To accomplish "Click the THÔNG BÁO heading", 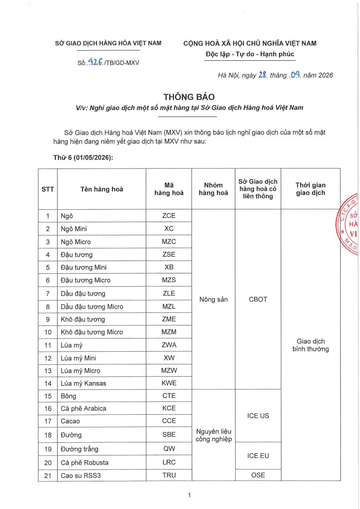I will click(x=189, y=97).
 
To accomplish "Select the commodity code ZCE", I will click(x=169, y=216).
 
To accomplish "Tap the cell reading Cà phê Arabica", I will click(x=83, y=408).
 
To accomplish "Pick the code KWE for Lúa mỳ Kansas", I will click(x=169, y=383).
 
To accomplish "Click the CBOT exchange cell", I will click(x=258, y=300).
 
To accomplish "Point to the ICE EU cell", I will click(x=258, y=456).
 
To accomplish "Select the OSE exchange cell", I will click(x=258, y=475).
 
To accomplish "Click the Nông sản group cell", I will click(x=213, y=300).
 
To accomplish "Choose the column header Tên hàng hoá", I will click(x=102, y=189).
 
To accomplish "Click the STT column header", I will click(x=48, y=189).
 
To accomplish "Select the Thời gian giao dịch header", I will click(x=310, y=189).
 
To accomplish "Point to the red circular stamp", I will click(x=350, y=225).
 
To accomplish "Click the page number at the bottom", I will click(x=189, y=495).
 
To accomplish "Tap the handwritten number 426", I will click(x=95, y=62).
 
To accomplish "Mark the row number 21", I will click(x=48, y=475).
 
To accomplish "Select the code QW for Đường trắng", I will click(x=169, y=449).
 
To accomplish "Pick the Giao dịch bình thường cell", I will click(x=310, y=345).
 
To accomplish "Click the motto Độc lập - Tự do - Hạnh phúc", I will click(x=250, y=54).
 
